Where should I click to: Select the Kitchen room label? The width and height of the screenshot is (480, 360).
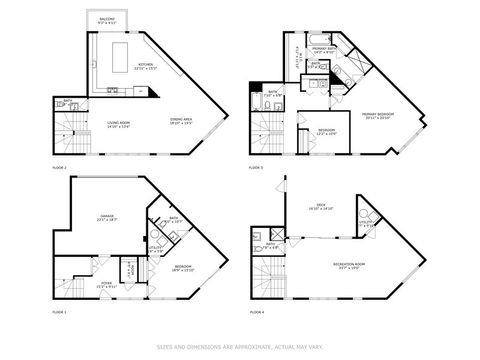click(147, 66)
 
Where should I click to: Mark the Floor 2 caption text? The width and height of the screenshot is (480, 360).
click(59, 168)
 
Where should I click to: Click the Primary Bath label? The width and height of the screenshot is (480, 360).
click(323, 50)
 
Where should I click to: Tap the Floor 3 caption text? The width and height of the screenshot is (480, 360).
click(256, 168)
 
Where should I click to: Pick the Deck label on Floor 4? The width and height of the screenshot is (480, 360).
click(320, 208)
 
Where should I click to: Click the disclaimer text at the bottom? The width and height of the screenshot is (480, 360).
click(240, 347)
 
